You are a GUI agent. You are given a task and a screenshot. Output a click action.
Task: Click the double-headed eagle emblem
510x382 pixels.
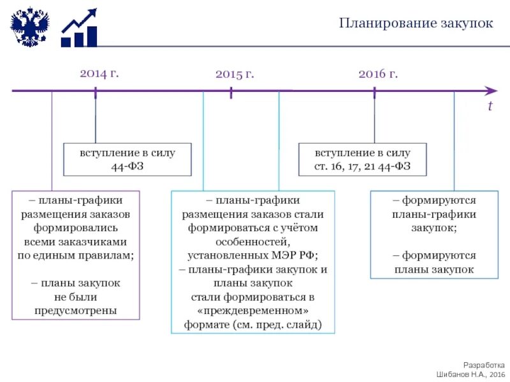click(x=29, y=27)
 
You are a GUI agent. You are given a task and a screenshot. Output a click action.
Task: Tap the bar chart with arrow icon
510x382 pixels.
click(x=79, y=29)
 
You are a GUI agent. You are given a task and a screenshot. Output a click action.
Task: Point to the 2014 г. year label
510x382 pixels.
click(x=99, y=73)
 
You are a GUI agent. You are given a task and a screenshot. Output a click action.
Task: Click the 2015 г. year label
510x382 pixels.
click(x=235, y=74)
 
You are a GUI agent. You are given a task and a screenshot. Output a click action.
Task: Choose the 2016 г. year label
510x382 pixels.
click(x=378, y=74)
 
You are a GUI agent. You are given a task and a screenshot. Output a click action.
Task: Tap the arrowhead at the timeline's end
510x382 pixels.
click(x=490, y=91)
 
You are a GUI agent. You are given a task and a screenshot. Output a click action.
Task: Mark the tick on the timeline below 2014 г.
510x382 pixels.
click(x=96, y=92)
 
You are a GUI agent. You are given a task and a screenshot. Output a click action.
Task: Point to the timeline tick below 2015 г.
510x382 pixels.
click(x=231, y=92)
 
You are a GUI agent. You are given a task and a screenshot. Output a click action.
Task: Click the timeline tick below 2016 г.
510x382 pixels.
click(x=374, y=92)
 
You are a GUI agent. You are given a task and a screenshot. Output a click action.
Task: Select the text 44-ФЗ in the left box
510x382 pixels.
click(x=126, y=167)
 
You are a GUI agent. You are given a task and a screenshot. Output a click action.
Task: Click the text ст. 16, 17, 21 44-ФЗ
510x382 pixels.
click(x=362, y=167)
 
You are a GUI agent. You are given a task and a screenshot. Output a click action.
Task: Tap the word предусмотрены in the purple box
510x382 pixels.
click(x=75, y=311)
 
